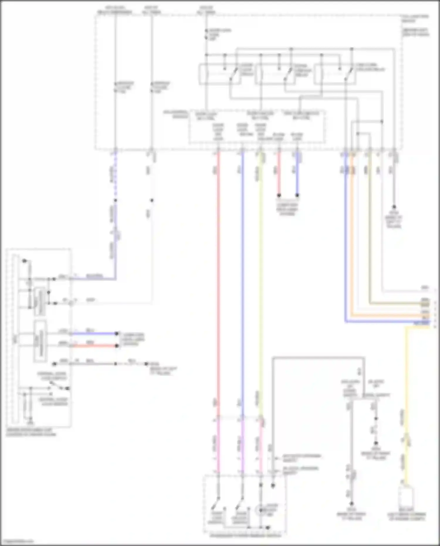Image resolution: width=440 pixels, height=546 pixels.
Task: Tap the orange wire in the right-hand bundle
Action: tap(352, 235)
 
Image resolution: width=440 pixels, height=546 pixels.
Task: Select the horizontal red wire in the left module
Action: tap(94, 346)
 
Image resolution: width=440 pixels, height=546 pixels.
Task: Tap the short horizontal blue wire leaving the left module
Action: tap(94, 334)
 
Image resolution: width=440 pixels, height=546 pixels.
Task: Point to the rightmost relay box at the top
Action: tap(334, 74)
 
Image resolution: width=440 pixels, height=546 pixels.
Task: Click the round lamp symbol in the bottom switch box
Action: tap(260, 511)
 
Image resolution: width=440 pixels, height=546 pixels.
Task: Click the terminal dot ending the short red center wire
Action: tap(279, 195)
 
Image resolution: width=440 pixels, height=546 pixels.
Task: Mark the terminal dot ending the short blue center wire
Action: tap(297, 195)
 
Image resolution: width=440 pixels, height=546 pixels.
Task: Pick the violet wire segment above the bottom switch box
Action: tap(242, 446)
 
